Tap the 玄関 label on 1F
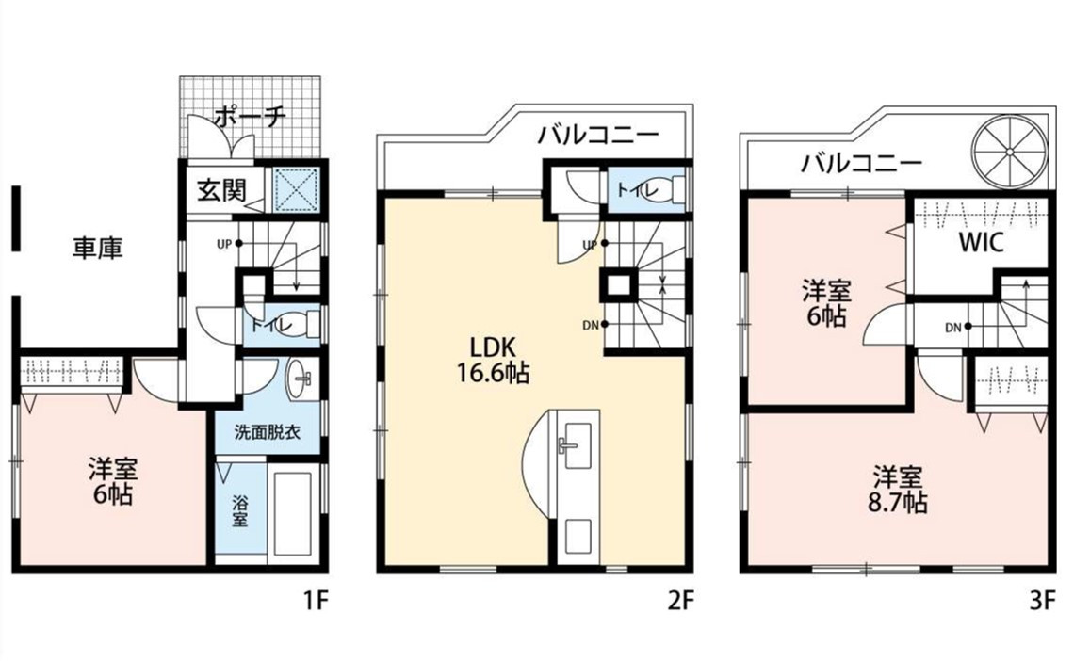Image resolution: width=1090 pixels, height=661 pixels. (x=221, y=190)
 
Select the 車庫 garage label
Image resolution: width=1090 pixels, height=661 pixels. (x=97, y=249)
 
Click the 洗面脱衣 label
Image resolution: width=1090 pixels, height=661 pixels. (x=267, y=432)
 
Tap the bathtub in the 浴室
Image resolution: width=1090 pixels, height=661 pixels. (x=293, y=514)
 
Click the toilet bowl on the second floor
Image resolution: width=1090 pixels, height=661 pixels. (x=659, y=189)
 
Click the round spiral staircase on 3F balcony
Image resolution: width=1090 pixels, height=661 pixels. (x=1009, y=153)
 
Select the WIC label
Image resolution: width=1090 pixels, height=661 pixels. (x=981, y=243)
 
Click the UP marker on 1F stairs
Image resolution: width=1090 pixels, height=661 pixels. (x=230, y=244)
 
